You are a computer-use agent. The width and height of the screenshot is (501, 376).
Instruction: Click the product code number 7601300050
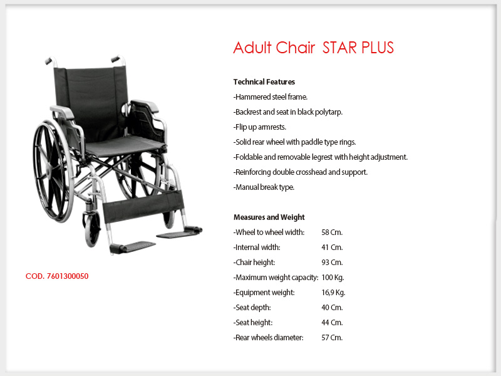click(68, 276)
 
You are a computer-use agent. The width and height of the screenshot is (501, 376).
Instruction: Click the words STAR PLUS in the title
click(358, 48)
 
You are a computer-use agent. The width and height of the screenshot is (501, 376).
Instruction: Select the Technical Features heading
click(264, 82)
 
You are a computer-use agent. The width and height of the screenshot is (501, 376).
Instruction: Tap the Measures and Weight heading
click(269, 217)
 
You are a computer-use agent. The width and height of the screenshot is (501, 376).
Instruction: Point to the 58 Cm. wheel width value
click(332, 232)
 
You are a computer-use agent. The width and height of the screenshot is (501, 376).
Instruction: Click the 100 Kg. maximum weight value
click(333, 278)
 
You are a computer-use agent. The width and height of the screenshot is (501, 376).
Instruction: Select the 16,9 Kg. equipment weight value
click(333, 293)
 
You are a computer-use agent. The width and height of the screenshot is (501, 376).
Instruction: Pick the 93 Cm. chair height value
click(332, 263)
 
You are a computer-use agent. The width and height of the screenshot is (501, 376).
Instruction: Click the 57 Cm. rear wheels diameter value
click(332, 338)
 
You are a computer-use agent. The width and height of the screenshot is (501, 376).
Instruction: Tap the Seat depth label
click(252, 308)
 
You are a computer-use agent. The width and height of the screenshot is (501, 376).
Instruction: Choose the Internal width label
click(257, 248)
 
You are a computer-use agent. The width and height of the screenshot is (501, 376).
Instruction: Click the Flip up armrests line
click(260, 127)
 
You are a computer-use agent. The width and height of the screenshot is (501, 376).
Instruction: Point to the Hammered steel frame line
click(271, 97)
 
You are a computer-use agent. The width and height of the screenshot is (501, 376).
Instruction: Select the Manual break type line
click(264, 187)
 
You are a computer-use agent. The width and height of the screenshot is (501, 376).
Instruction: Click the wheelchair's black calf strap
click(143, 206)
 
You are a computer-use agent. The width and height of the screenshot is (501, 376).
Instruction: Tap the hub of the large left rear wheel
click(49, 171)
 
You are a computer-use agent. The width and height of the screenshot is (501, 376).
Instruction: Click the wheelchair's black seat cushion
click(125, 145)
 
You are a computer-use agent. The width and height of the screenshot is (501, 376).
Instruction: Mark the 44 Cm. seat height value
click(332, 323)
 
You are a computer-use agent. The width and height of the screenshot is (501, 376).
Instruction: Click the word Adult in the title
click(252, 48)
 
